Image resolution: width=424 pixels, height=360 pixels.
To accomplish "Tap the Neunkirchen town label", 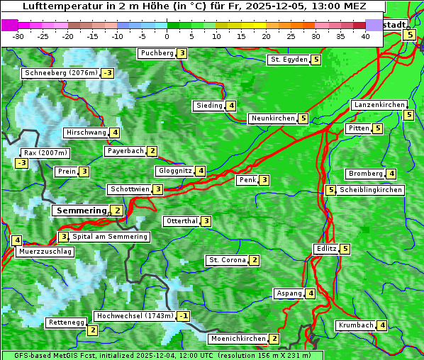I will coord(272,118).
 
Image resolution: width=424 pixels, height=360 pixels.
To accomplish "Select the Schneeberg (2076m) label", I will coord(60,73).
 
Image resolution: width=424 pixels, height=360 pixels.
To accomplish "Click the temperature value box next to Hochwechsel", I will coord(183,316).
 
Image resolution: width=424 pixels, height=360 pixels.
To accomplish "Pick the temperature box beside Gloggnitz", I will coord(201,171).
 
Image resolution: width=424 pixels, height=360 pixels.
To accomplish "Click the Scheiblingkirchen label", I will coord(371,190).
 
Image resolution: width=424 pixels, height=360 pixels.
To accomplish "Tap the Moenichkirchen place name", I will coord(238,339).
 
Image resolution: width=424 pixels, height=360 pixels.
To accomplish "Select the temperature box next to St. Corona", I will coord(254,260).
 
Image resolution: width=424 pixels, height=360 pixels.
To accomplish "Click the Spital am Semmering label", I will coord(110,237).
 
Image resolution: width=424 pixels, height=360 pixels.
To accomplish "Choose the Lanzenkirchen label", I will coord(379,105).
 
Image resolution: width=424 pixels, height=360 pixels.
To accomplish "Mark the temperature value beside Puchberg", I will coord(182,53).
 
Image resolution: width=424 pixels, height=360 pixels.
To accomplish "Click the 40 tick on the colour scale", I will coord(365,36).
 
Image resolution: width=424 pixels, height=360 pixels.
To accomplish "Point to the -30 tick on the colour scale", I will coord(18,36).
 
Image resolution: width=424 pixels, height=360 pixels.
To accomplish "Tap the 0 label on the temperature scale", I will coord(167,36).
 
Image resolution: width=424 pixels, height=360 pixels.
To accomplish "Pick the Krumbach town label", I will coord(356,325).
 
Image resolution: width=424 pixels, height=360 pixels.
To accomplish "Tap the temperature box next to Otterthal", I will coord(206,221).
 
